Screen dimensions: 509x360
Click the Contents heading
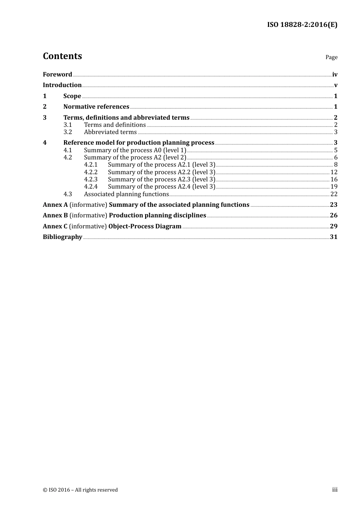pyautogui.click(x=62, y=56)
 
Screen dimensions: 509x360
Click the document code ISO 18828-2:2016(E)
pyautogui.click(x=302, y=25)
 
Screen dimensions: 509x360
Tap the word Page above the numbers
pyautogui.click(x=331, y=57)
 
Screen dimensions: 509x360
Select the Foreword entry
pyautogui.click(x=57, y=75)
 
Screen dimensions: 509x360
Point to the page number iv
pyautogui.click(x=335, y=75)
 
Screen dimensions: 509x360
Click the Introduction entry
pyautogui.click(x=62, y=85)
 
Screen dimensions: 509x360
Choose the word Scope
pyautogui.click(x=72, y=96)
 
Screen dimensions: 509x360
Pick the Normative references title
pyautogui.click(x=96, y=107)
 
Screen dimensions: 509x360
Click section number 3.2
pyautogui.click(x=67, y=132)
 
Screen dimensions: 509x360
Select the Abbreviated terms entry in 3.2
pyautogui.click(x=110, y=132)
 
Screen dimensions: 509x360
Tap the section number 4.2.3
pyautogui.click(x=91, y=180)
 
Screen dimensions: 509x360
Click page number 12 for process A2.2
pyautogui.click(x=334, y=172)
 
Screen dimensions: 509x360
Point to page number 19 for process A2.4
pyautogui.click(x=334, y=187)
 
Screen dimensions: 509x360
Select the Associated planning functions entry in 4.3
pyautogui.click(x=126, y=194)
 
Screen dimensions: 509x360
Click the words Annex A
pyautogui.click(x=55, y=205)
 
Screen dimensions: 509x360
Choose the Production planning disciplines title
pyautogui.click(x=157, y=215)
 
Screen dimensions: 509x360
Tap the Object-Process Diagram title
pyautogui.click(x=145, y=226)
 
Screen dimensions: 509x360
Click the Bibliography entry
pyautogui.click(x=63, y=237)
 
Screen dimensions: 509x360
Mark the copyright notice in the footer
pyautogui.click(x=80, y=490)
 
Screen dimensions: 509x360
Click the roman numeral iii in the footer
pyautogui.click(x=335, y=490)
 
